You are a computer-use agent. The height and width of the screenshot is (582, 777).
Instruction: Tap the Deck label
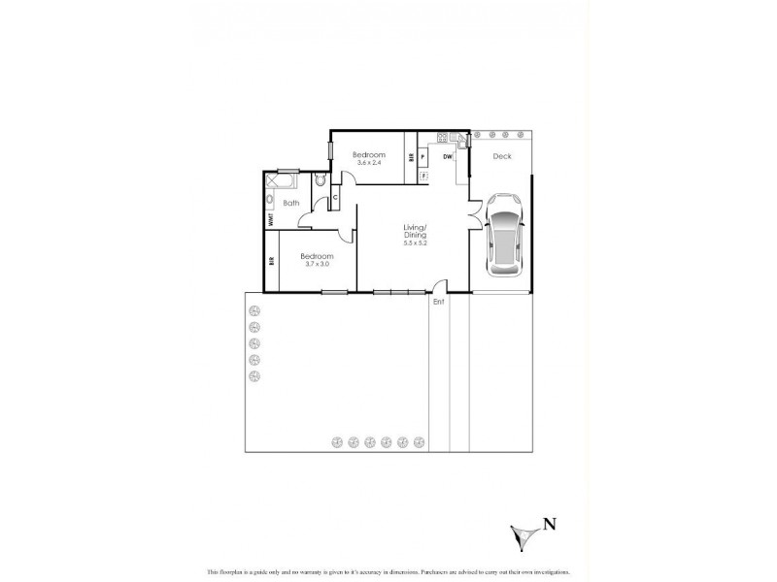click(x=502, y=155)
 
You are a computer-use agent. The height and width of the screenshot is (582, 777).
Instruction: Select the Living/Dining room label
click(x=416, y=232)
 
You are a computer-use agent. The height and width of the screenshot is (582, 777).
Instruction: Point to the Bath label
click(x=291, y=203)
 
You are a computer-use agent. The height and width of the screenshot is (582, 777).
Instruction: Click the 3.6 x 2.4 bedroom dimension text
click(x=370, y=163)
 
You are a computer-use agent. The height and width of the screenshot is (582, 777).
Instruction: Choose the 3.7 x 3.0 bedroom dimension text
click(x=318, y=263)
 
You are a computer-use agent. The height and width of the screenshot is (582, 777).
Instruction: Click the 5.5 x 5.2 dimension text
click(x=416, y=243)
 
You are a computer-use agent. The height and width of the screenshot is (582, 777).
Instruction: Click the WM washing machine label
click(x=271, y=219)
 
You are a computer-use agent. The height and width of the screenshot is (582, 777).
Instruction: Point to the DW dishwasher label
click(x=448, y=155)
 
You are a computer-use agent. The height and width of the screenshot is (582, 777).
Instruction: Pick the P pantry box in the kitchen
click(x=424, y=155)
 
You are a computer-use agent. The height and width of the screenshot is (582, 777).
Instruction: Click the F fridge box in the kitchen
click(x=424, y=176)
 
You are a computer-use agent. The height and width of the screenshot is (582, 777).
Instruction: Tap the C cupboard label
click(x=335, y=198)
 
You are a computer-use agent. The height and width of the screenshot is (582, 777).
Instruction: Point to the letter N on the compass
click(x=551, y=525)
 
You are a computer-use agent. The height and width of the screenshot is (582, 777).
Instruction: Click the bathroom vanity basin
click(x=271, y=200)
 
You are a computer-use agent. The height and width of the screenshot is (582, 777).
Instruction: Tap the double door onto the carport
click(x=474, y=214)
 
